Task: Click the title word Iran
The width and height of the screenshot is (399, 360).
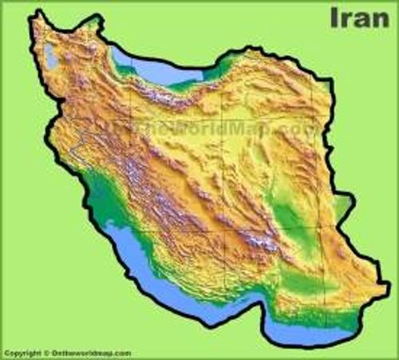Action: tap(359, 18)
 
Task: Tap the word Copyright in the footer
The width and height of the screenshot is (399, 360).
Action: tap(21, 353)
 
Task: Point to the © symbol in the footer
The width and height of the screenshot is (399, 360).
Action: tap(45, 353)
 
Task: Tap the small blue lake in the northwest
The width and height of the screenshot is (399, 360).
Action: tap(52, 56)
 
